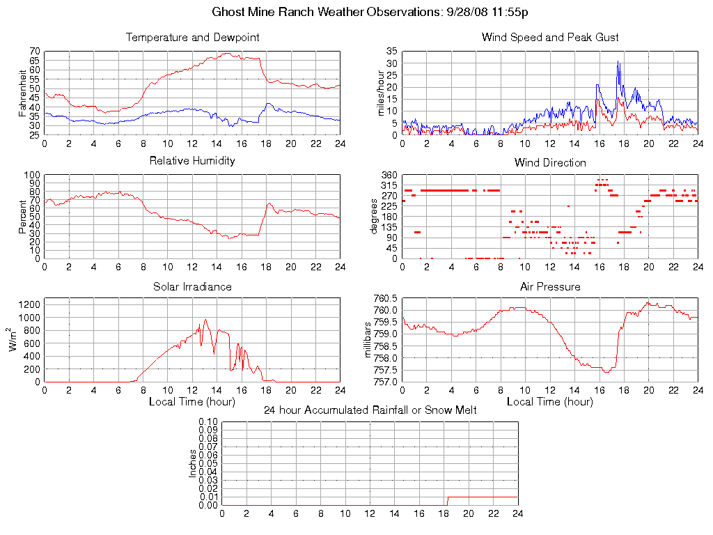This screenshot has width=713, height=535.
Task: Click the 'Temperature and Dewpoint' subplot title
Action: pos(192,37)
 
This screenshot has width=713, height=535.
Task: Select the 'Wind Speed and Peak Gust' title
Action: pos(550,37)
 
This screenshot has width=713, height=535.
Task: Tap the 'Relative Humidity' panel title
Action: pos(192,161)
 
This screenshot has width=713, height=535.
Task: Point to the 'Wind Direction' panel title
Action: pos(550,162)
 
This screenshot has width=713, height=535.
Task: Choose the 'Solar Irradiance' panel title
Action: pos(192,286)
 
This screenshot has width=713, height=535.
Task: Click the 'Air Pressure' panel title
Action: pos(550,286)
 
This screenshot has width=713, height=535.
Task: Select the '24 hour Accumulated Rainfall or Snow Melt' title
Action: pos(370,410)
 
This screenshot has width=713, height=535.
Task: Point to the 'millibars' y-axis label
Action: pos(369,340)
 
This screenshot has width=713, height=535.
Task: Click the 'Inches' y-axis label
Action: pos(193,463)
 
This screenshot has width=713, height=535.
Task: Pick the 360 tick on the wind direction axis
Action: pos(389,176)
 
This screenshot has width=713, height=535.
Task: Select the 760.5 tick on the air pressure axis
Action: pos(385,299)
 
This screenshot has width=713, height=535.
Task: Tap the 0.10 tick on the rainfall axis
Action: pos(209,422)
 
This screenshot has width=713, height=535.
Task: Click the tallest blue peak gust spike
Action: pos(618,62)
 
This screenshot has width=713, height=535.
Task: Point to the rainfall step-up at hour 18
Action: pos(447,501)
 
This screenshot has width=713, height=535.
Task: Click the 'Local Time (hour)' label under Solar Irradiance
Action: pos(192,401)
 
